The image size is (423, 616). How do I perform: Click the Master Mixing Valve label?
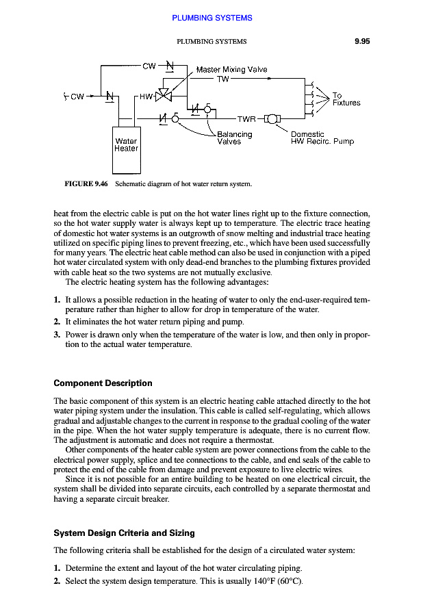[x=231, y=70]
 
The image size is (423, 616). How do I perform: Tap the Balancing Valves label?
[x=233, y=138]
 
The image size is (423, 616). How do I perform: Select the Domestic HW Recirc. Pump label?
[x=322, y=138]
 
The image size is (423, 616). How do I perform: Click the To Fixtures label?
[x=346, y=99]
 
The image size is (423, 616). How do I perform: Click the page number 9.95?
[x=362, y=41]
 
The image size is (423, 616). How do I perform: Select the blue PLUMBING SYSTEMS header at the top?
[x=211, y=18]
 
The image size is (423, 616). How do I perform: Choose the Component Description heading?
[x=103, y=383]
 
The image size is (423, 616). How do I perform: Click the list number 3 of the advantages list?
[x=56, y=335]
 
